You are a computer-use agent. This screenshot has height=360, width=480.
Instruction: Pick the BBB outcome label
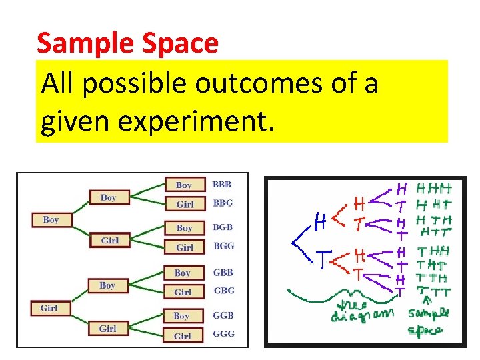coord(222,183)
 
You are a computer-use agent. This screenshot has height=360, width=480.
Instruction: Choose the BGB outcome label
coord(222,227)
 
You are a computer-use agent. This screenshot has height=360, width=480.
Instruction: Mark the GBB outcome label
coord(223,272)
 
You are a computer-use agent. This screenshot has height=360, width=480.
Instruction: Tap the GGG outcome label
coord(223,333)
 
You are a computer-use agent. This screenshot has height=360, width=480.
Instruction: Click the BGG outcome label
coord(223,246)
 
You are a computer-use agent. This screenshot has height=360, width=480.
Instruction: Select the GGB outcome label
coord(223,315)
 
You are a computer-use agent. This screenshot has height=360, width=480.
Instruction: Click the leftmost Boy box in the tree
coord(51,219)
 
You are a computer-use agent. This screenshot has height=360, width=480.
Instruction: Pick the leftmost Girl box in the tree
coord(49,308)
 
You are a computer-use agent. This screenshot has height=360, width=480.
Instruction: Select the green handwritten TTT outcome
coord(434,292)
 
